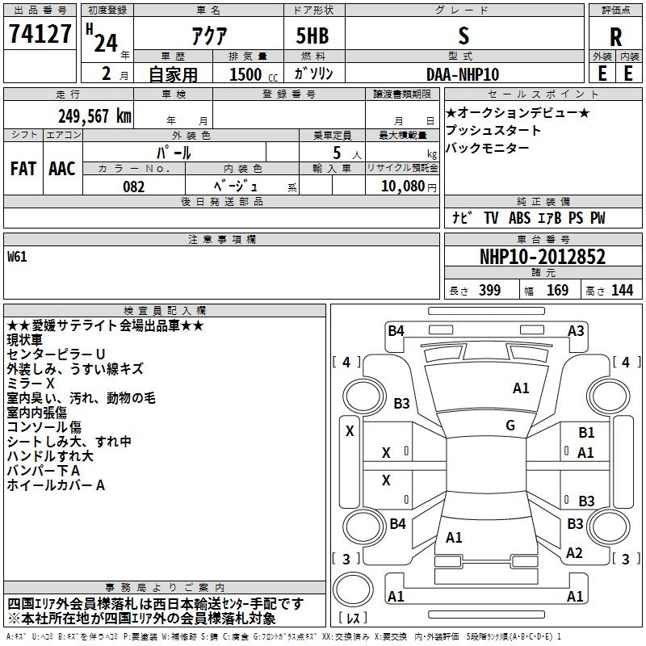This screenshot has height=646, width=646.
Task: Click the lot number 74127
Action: [x=40, y=34]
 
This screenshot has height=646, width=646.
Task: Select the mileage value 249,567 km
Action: [x=94, y=116]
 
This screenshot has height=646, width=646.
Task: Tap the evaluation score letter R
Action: [x=615, y=37]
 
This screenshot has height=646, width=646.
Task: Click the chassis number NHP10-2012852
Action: [x=543, y=257]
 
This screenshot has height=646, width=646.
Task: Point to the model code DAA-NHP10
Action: [x=463, y=74]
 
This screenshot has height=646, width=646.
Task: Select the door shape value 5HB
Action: [x=313, y=36]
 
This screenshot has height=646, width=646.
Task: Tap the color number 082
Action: [x=134, y=187]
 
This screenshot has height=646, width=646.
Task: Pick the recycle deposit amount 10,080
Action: [x=403, y=187]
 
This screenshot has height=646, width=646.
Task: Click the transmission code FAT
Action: [x=23, y=169]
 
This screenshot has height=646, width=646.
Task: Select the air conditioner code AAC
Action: [x=62, y=169]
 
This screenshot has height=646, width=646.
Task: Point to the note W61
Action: [x=17, y=257]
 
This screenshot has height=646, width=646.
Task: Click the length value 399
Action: [x=490, y=290]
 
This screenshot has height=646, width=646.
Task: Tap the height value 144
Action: [x=622, y=290]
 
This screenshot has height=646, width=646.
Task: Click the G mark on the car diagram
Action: [x=510, y=426]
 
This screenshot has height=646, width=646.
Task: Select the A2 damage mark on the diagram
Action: [x=574, y=553]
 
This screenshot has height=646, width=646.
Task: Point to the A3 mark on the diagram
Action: [x=576, y=331]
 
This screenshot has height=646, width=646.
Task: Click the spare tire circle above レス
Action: [x=353, y=589]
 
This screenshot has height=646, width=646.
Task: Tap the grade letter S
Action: [x=464, y=36]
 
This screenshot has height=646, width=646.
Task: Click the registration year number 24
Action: [x=106, y=43]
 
